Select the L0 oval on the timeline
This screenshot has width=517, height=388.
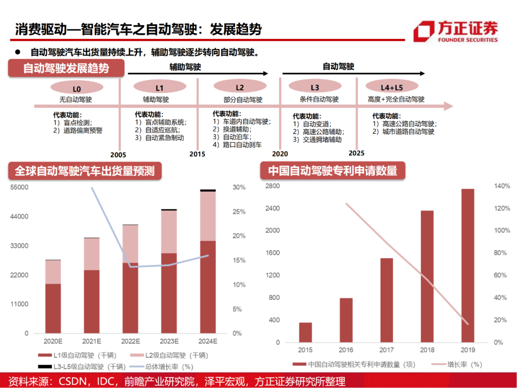point(77,88)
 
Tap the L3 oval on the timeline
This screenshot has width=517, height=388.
point(315,88)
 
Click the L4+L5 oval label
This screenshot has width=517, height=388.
point(392,88)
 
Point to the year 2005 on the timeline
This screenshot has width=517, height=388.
point(118,155)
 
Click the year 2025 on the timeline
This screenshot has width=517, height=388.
point(357,153)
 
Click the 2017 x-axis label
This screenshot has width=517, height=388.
point(386,351)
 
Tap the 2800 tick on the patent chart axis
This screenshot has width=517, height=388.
point(271,185)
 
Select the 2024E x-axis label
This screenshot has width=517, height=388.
point(208,341)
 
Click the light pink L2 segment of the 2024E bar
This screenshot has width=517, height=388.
point(208,216)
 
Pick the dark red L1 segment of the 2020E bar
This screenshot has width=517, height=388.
point(53,308)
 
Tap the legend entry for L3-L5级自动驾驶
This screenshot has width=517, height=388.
point(81,366)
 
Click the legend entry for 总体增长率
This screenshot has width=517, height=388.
point(165,366)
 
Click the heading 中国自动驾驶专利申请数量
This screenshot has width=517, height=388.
point(332,171)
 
